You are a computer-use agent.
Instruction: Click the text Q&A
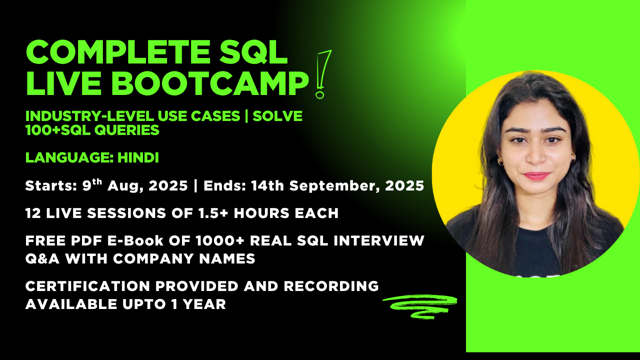(41, 258)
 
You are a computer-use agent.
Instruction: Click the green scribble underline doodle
(420, 304)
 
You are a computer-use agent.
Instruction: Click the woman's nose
(535, 155)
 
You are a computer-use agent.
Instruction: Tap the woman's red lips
(536, 175)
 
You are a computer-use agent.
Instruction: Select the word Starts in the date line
(47, 186)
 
